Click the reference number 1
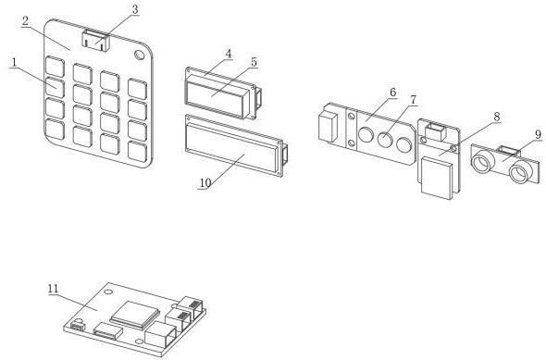(14, 63)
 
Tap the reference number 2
(25, 21)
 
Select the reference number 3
(135, 10)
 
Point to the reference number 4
(228, 54)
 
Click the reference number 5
(254, 62)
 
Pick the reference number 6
(392, 93)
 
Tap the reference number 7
(413, 100)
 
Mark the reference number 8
(497, 117)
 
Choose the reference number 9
(539, 134)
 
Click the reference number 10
(205, 182)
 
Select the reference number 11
(54, 289)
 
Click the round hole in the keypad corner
(140, 55)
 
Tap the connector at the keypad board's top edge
(95, 41)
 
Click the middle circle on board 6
(385, 140)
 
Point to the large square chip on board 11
(135, 315)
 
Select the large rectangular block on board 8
(437, 179)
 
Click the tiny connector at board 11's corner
(78, 326)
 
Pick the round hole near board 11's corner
(108, 292)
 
